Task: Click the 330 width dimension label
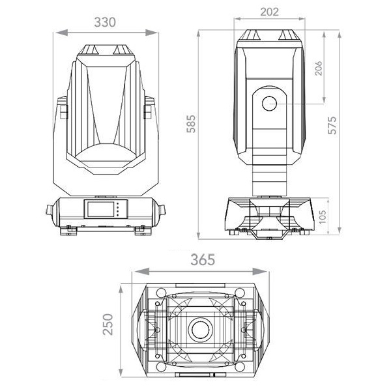105,22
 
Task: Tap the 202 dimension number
269,12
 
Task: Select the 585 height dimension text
192,124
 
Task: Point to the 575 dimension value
332,125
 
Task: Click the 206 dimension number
319,68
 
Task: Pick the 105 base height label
323,217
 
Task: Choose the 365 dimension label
203,259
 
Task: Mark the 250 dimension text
108,324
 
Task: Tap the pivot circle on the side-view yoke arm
270,104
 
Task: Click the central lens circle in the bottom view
200,329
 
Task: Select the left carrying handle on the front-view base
50,209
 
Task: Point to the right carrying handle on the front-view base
162,209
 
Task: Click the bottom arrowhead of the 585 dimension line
199,235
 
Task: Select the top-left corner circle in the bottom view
161,292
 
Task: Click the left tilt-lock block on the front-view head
64,111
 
